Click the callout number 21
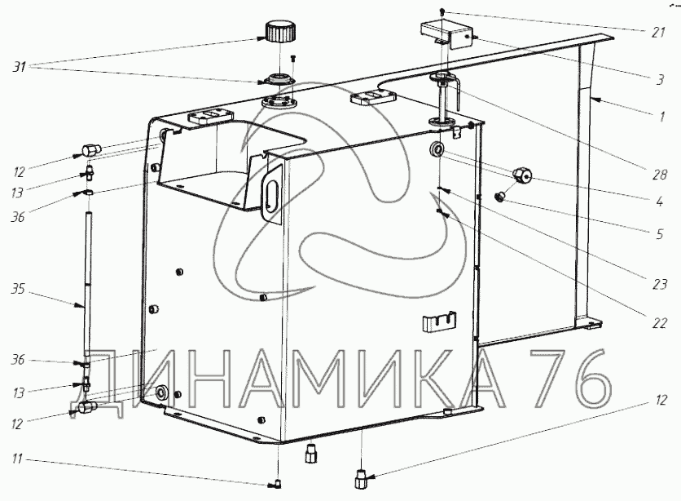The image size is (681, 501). pos(658,32)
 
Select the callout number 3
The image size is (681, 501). pos(660,80)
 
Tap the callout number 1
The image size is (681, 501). pos(661,117)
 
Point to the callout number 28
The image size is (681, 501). pos(659,175)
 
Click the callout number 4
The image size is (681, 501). pos(659,202)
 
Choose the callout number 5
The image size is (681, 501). pos(659,234)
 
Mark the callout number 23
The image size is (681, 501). pos(659,285)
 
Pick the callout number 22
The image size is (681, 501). pos(659,323)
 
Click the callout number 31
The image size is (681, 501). pos(19,67)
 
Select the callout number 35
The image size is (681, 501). pos(18,289)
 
